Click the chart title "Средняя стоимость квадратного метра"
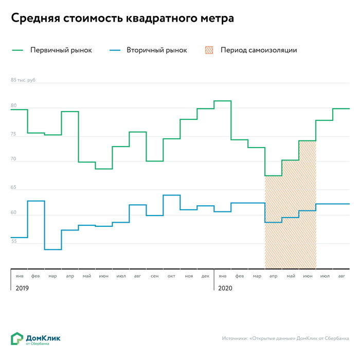(122, 19)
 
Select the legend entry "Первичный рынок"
(61, 50)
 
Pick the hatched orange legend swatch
(209, 50)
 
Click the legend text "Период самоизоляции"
(259, 50)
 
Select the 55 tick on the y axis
(14, 241)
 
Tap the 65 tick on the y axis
(14, 187)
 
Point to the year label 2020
(225, 288)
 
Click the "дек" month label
(205, 277)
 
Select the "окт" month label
(171, 277)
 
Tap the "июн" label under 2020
(308, 277)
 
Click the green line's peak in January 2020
(222, 101)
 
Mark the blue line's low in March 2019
(53, 249)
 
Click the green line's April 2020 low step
(273, 176)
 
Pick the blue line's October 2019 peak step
(171, 195)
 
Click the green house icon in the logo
(17, 338)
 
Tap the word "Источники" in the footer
(234, 338)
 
